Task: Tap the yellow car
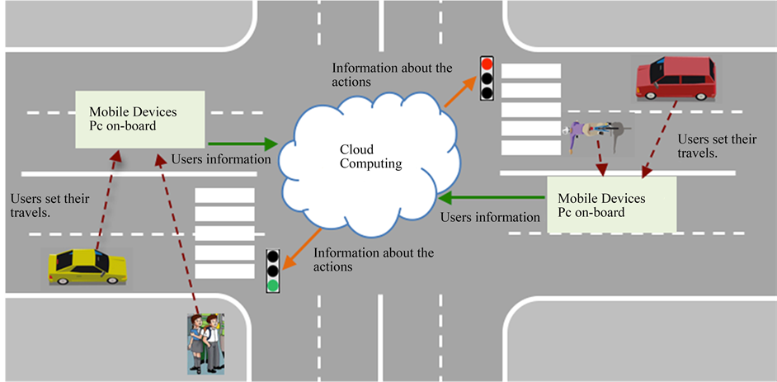87,267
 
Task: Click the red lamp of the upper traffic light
487,64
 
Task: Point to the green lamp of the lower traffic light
273,285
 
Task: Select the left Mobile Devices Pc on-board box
138,120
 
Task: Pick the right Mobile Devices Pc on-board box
611,204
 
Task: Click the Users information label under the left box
220,159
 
